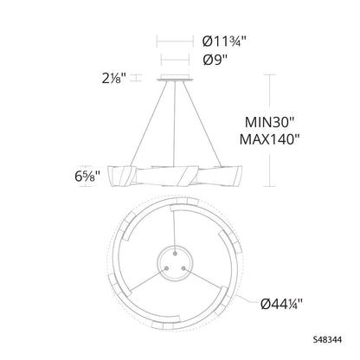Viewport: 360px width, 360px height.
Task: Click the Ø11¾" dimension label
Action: pyautogui.click(x=224, y=41)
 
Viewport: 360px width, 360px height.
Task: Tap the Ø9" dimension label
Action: pyautogui.click(x=215, y=60)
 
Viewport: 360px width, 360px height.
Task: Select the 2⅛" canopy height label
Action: pyautogui.click(x=114, y=78)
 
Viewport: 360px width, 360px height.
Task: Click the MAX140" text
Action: pyautogui.click(x=270, y=139)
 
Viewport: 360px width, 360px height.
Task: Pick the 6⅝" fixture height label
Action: pyautogui.click(x=87, y=177)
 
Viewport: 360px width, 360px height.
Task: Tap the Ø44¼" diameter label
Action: pyautogui.click(x=281, y=304)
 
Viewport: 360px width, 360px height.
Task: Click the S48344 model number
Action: pyautogui.click(x=327, y=340)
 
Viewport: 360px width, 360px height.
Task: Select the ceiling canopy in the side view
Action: pyautogui.click(x=175, y=77)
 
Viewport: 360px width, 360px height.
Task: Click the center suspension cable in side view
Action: pyautogui.click(x=175, y=123)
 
